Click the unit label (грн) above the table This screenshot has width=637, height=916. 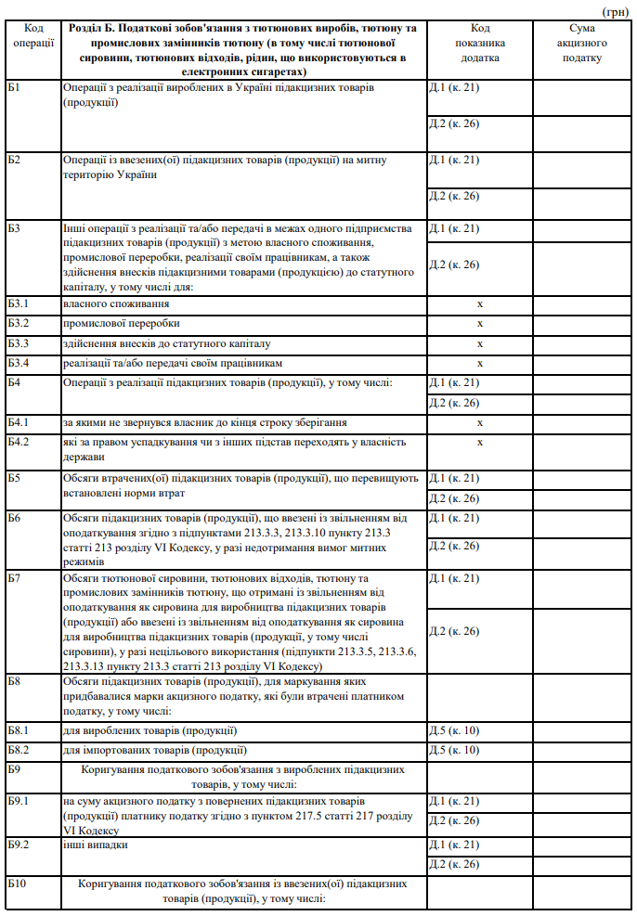[x=616, y=11]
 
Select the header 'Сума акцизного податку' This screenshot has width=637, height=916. [x=582, y=44]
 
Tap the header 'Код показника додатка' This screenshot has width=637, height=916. [x=479, y=44]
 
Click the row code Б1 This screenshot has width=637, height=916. [x=14, y=87]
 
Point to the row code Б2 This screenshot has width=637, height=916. [x=14, y=161]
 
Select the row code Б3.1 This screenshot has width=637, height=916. [x=19, y=303]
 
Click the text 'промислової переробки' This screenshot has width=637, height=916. [x=122, y=323]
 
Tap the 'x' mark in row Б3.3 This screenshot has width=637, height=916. [x=480, y=343]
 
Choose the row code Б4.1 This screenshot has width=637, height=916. [x=19, y=422]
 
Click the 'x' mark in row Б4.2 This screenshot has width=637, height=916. [x=480, y=442]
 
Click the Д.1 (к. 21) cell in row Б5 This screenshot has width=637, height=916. [x=454, y=478]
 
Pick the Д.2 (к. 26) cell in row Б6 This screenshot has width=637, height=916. [x=454, y=546]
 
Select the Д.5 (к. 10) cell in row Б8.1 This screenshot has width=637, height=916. [x=454, y=730]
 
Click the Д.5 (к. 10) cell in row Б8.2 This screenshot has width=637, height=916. [x=454, y=750]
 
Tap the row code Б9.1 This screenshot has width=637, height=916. [x=19, y=801]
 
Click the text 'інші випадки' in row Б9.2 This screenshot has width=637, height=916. [x=95, y=845]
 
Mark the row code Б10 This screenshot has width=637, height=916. [x=17, y=884]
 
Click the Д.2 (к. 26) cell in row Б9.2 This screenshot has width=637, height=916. [x=454, y=864]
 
